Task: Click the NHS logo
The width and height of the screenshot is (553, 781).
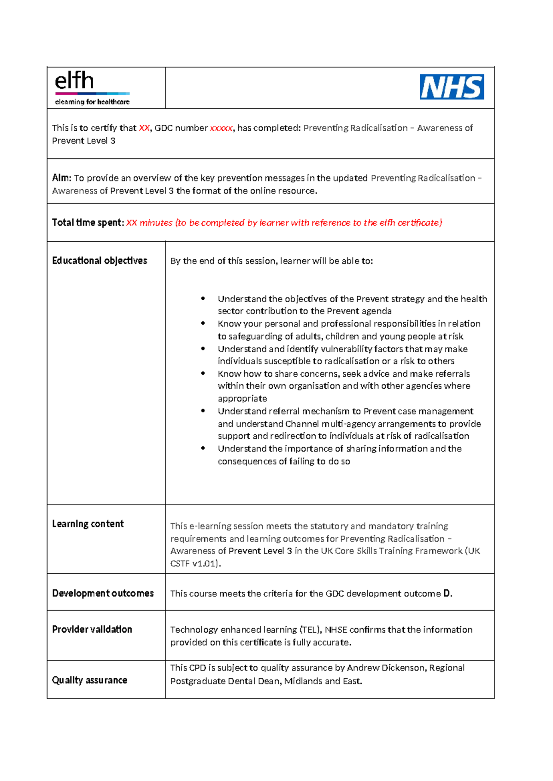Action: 452,87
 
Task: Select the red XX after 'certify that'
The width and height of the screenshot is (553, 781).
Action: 144,128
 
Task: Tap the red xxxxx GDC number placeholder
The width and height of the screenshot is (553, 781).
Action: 221,128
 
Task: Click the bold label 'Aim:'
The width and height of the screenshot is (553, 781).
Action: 61,178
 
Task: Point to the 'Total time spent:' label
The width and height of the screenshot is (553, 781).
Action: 88,223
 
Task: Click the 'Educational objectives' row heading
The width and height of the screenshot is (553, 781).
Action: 100,261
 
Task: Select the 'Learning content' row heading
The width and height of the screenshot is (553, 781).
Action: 88,524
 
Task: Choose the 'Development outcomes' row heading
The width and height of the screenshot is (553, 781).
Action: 103,594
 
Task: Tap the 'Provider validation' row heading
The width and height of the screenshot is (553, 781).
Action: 92,629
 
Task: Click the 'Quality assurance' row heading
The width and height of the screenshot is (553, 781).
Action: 89,680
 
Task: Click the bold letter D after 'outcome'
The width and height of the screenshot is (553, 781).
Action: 447,594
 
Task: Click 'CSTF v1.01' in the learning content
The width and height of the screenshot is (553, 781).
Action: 194,564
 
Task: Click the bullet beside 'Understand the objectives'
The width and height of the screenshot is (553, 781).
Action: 203,298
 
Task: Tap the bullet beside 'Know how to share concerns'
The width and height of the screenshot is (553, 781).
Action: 203,373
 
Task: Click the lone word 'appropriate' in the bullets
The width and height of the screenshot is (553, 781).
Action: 242,398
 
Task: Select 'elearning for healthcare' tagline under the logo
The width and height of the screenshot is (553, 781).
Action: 92,102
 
